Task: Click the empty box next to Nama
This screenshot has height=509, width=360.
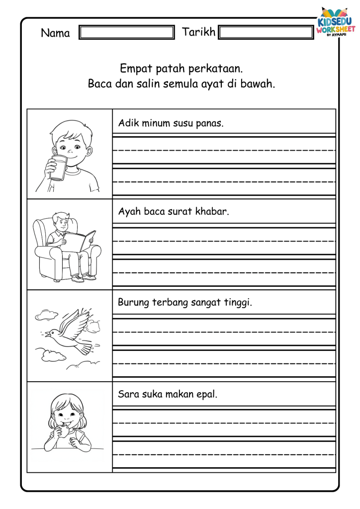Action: click(x=127, y=33)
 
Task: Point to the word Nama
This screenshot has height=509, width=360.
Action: click(x=55, y=33)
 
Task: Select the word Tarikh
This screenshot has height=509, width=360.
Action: click(x=199, y=32)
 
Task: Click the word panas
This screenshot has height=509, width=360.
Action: click(x=211, y=123)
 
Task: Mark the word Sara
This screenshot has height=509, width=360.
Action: click(x=127, y=395)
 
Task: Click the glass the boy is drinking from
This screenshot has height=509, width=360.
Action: click(x=58, y=168)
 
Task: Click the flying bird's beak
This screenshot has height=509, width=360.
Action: click(x=46, y=335)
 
